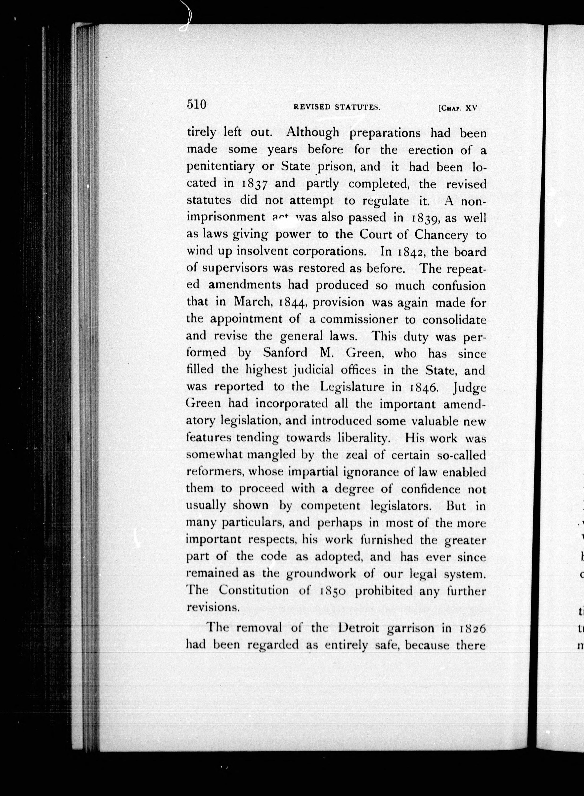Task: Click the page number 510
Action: [197, 104]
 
